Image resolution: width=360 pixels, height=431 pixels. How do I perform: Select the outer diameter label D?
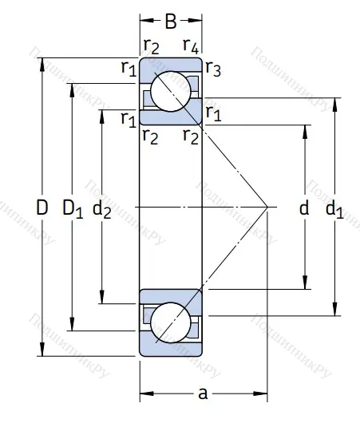[x=42, y=209]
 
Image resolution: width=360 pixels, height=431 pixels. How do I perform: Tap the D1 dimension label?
[x=73, y=209]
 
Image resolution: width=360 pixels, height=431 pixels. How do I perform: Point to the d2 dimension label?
[x=101, y=209]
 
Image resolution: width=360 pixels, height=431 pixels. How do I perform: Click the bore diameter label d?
[x=303, y=209]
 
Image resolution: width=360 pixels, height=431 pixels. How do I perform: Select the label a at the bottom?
[x=203, y=393]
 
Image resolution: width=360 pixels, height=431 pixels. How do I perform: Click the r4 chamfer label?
[x=190, y=45]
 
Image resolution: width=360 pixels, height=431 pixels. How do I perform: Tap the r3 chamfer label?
[x=213, y=69]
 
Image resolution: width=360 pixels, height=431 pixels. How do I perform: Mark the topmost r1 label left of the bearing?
[x=128, y=69]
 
